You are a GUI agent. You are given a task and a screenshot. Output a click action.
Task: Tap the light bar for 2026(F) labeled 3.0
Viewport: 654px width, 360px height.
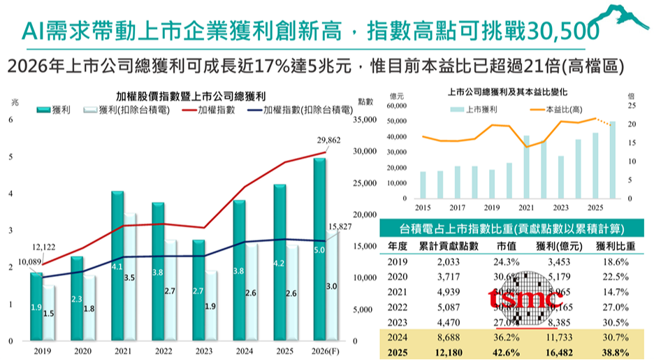(333, 286)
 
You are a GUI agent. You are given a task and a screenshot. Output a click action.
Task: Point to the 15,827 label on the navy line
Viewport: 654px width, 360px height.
(342, 227)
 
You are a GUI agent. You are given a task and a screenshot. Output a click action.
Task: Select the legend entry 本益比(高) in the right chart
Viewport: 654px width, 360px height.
(563, 110)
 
